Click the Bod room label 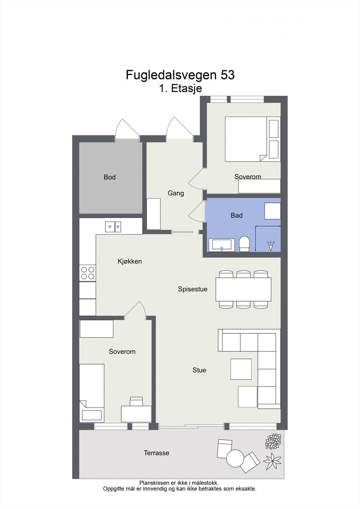(x=109, y=177)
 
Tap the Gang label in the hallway (x=176, y=193)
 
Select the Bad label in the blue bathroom (x=236, y=215)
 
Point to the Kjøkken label (x=130, y=261)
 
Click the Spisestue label (x=193, y=289)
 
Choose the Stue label (x=199, y=370)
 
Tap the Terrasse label (x=157, y=453)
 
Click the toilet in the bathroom (x=244, y=244)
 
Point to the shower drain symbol (x=271, y=246)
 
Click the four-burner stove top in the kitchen (x=88, y=273)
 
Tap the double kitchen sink (x=113, y=227)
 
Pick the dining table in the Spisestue (x=243, y=289)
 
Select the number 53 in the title (x=227, y=75)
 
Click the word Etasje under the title (x=186, y=88)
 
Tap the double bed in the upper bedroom (x=253, y=139)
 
